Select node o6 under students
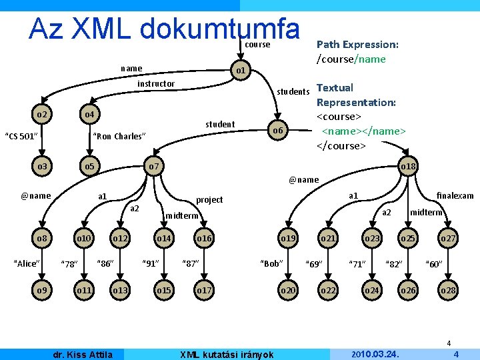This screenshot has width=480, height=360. coord(277,131)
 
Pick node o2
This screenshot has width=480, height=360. coord(42,115)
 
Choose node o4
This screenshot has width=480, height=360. coord(89,115)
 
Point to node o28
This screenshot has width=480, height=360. coord(448,291)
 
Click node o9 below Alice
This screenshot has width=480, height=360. coord(42,291)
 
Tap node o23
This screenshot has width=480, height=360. coord(371,238)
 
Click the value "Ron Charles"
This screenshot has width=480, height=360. coord(119,137)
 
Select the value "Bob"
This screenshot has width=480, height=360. coord(271,263)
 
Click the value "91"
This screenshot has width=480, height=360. coord(152,263)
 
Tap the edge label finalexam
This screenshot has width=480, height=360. coord(455,195)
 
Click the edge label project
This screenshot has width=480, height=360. coord(209,200)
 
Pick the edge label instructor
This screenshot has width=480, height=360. coord(155,84)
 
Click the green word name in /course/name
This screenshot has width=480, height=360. coord(371,59)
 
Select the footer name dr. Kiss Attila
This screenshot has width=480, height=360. coord(83,355)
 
